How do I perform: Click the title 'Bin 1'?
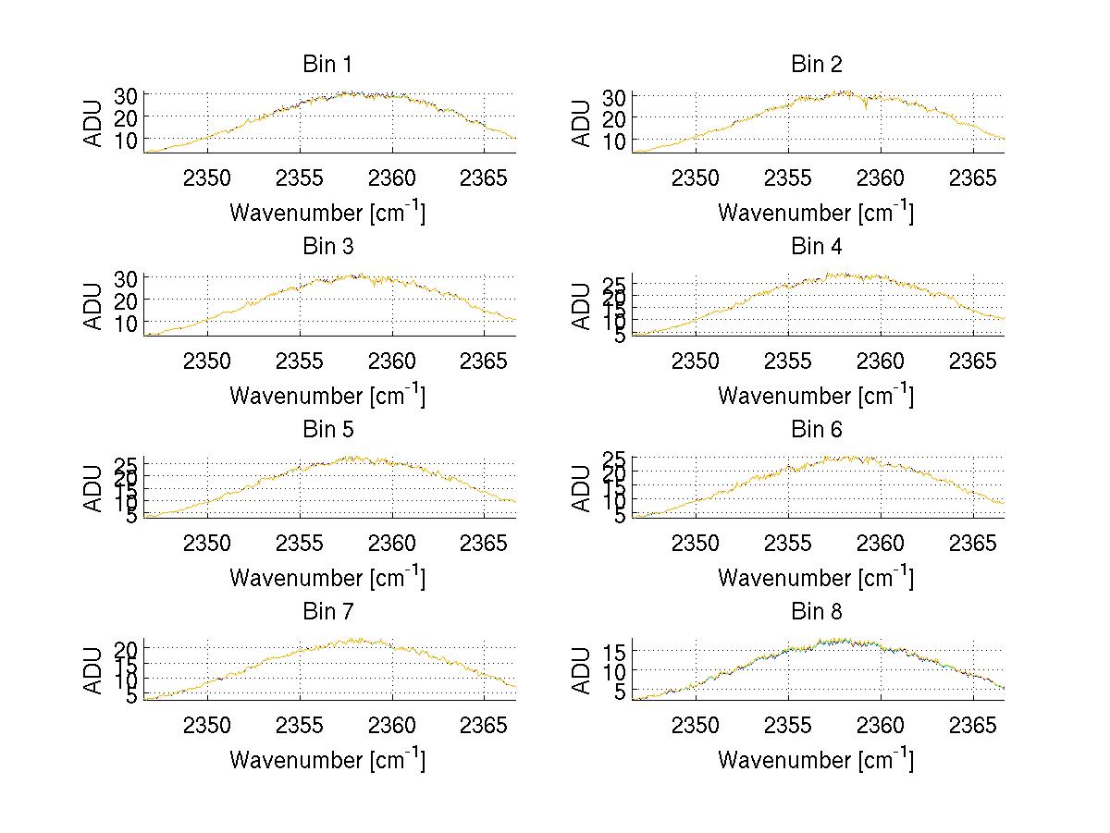click(327, 65)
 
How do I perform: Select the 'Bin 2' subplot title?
click(816, 65)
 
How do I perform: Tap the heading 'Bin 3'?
click(327, 247)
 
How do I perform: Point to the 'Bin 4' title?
click(816, 247)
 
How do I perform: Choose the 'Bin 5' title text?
click(327, 430)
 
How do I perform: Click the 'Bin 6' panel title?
click(816, 430)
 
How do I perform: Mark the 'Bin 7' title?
click(327, 612)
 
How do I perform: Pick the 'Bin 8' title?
click(816, 612)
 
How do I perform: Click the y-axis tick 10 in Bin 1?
click(127, 139)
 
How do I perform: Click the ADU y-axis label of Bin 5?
click(93, 488)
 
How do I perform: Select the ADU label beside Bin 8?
click(582, 670)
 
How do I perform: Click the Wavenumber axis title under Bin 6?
click(816, 578)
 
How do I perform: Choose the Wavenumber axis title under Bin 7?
click(327, 760)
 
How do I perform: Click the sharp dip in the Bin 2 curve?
click(866, 108)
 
